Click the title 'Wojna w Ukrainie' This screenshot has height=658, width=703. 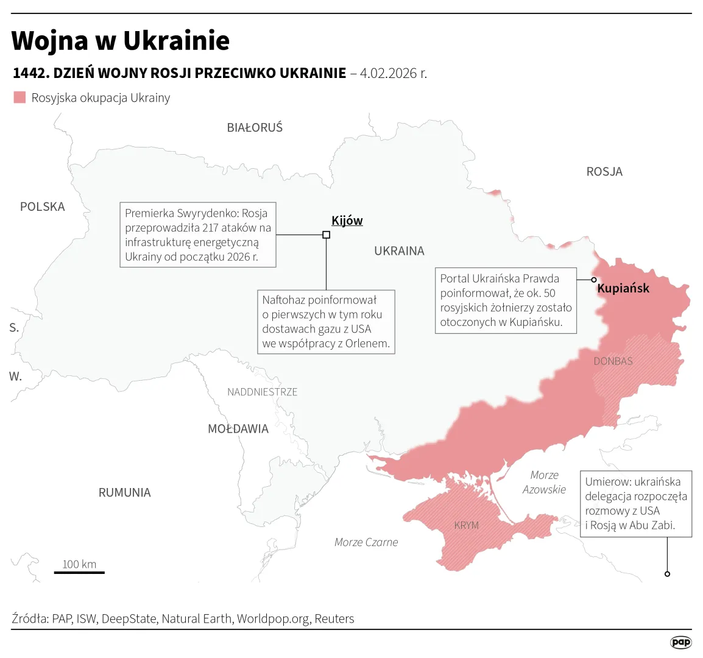(x=121, y=41)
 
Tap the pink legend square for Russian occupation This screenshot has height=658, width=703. (x=20, y=97)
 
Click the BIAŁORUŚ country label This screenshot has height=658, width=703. (x=255, y=128)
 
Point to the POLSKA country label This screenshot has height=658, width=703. (x=42, y=207)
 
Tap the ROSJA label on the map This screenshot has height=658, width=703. (x=604, y=172)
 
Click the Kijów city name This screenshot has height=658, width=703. (x=347, y=221)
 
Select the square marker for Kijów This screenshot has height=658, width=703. (x=326, y=235)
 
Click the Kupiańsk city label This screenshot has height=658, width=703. (x=623, y=288)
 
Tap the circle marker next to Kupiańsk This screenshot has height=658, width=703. (x=594, y=280)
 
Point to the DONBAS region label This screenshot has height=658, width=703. (x=613, y=361)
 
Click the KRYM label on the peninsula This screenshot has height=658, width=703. (x=467, y=525)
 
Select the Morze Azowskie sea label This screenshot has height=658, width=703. (x=544, y=482)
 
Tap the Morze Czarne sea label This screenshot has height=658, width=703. (x=366, y=542)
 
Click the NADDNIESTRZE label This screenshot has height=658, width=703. (x=262, y=392)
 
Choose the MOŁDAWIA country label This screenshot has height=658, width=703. (x=238, y=429)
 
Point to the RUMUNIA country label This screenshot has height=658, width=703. (x=124, y=492)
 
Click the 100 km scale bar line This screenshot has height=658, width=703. (x=79, y=573)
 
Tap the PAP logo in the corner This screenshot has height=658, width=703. (x=680, y=642)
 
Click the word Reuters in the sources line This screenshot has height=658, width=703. (x=334, y=619)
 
